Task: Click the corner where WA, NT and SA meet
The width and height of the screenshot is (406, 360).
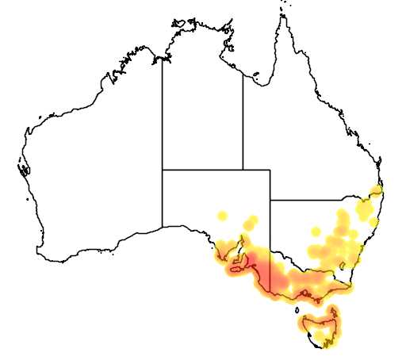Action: click(x=163, y=169)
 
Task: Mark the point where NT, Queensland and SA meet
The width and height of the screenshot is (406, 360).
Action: click(x=243, y=169)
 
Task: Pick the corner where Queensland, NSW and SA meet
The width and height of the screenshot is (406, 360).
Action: click(x=270, y=200)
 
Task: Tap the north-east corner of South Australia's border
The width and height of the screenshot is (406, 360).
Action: click(x=270, y=169)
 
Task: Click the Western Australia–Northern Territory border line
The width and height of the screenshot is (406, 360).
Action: click(x=163, y=111)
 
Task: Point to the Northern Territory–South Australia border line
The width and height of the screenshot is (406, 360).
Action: click(x=202, y=169)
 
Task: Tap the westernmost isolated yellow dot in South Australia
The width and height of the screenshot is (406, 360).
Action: click(x=223, y=214)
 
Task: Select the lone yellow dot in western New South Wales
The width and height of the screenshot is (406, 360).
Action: click(x=316, y=232)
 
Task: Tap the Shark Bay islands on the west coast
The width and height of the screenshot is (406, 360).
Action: click(x=24, y=168)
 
